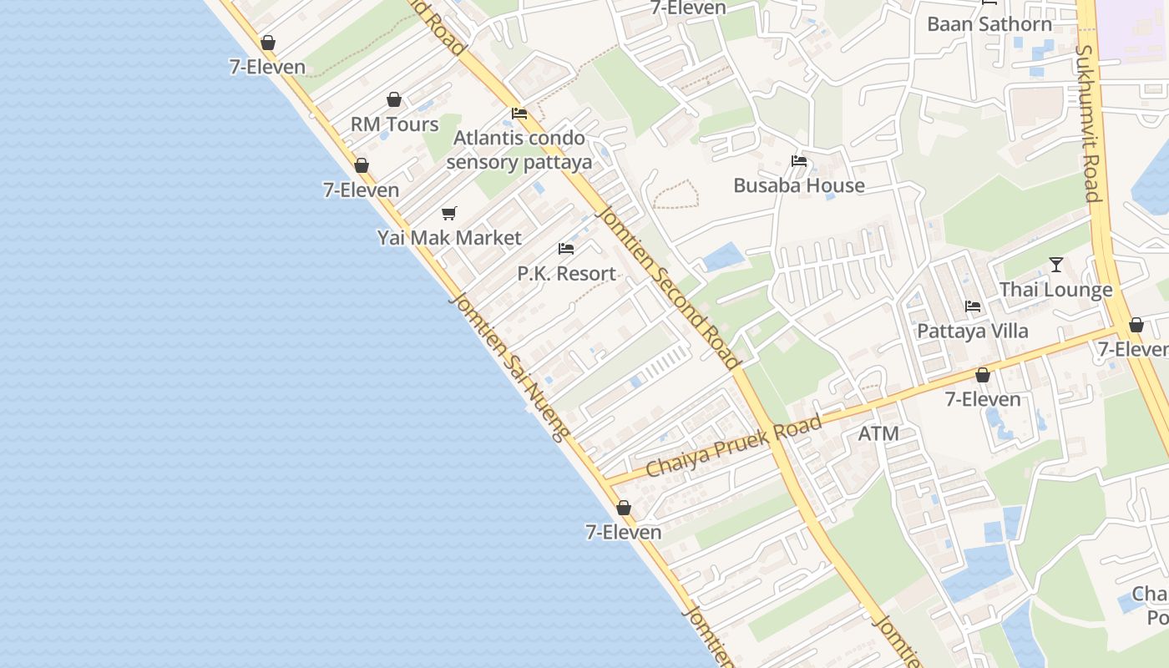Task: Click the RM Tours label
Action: (394, 124)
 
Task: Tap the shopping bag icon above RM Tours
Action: (394, 100)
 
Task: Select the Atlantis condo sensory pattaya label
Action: (519, 149)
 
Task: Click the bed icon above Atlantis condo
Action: (519, 114)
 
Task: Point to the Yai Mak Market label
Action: (449, 238)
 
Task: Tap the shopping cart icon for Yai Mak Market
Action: (449, 214)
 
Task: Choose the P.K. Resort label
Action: (566, 274)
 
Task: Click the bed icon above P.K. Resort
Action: (566, 249)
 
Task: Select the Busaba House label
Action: (799, 185)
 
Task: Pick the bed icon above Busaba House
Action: (799, 161)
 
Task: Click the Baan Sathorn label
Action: (989, 24)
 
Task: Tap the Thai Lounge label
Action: (1056, 290)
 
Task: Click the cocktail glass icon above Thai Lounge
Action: (1056, 265)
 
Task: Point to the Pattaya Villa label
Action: (973, 331)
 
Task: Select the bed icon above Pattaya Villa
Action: (973, 306)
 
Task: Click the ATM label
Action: (878, 433)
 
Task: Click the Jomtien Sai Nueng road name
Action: (510, 366)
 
